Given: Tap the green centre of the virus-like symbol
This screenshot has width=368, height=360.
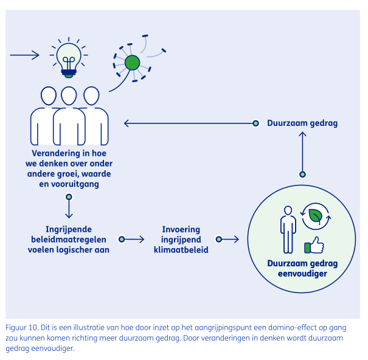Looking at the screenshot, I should click(x=131, y=62).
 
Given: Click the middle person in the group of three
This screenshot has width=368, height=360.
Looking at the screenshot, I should click(x=69, y=116).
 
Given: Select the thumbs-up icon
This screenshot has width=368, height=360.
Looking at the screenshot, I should click(x=314, y=244).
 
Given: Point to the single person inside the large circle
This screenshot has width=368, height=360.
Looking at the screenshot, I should click(x=288, y=228).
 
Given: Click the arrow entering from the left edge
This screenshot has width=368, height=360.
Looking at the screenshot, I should click(x=24, y=55).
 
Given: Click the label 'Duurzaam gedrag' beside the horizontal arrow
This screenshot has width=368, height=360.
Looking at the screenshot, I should click(x=302, y=123).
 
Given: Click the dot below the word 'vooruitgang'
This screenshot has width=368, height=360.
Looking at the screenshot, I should click(x=69, y=197).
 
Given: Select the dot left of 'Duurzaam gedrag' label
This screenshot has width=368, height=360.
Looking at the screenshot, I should click(x=256, y=123).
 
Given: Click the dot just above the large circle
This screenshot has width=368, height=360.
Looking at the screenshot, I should click(x=302, y=175).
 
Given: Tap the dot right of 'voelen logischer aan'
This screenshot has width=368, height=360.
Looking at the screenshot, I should click(x=121, y=240).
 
